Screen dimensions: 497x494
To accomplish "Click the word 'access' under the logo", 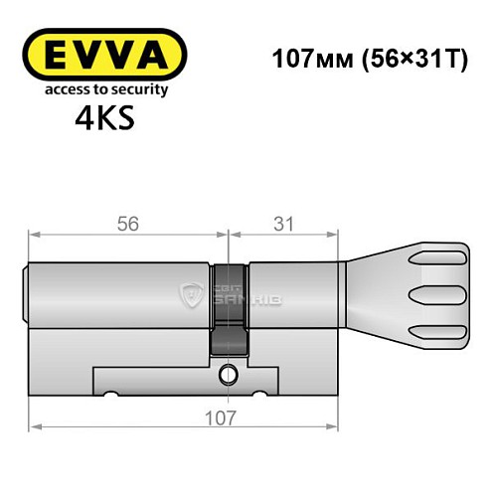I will [x=59, y=89].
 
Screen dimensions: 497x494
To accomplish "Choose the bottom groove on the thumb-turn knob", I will [x=438, y=329].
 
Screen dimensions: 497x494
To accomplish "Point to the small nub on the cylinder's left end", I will [x=26, y=295].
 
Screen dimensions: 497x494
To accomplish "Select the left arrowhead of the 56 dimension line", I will [x=34, y=237].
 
